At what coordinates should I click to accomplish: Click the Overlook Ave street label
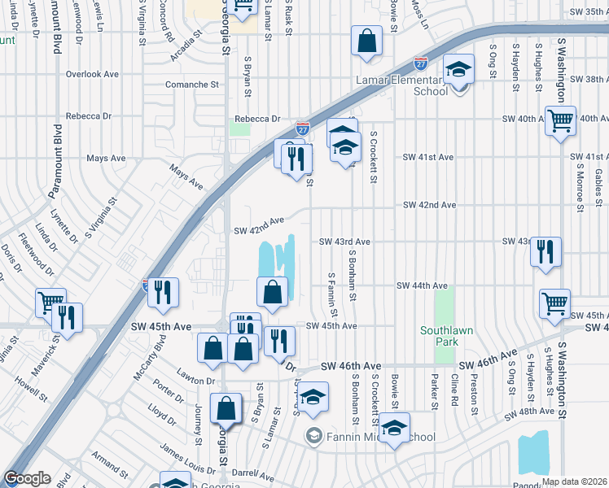pos(93,74)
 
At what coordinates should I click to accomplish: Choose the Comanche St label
pos(193,84)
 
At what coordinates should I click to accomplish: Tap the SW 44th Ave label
pos(422,285)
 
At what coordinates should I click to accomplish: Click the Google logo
pos(28,479)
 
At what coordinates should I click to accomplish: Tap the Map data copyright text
pos(574,481)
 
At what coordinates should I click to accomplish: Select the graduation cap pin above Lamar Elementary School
pos(459,69)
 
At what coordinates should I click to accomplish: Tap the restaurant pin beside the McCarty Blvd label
pos(164,293)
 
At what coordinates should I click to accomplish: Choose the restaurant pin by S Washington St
pos(545,251)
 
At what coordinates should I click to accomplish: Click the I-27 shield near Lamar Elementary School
pos(420,63)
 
